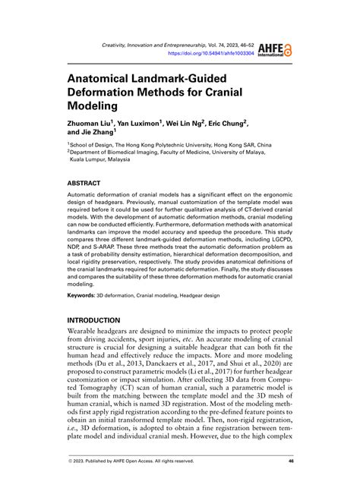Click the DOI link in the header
pyautogui.click(x=210, y=55)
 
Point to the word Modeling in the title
pyautogui.click(x=96, y=109)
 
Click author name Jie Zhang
pyautogui.click(x=112, y=134)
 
